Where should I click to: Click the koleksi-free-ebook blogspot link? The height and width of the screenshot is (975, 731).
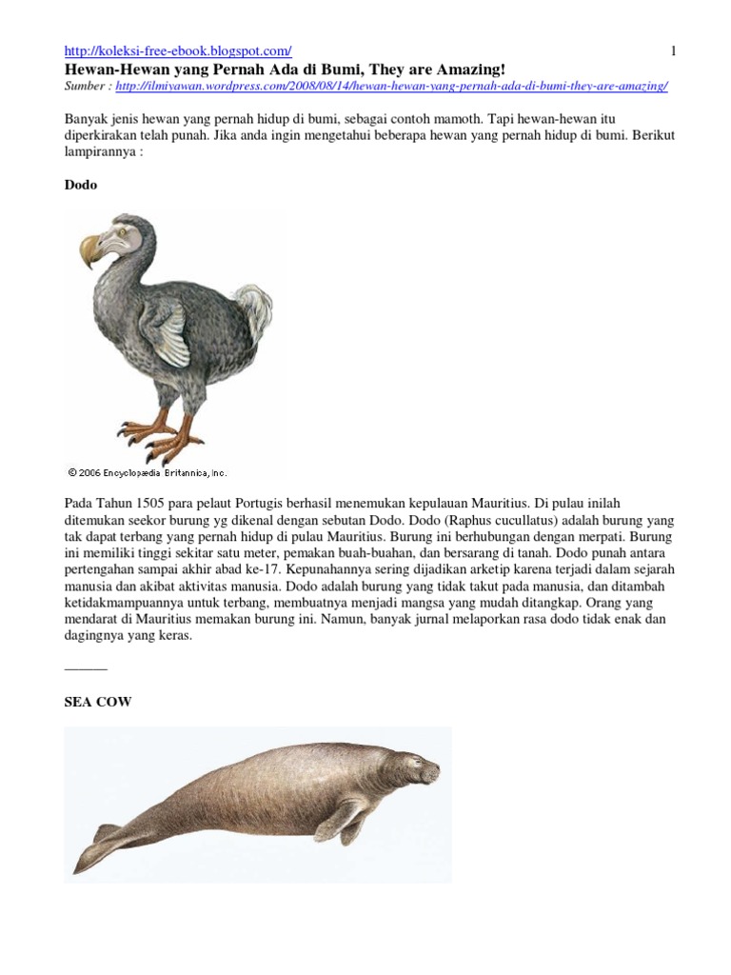(x=178, y=50)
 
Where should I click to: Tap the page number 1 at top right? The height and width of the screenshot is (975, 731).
(x=673, y=50)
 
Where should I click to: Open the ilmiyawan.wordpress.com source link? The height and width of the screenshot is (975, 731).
(x=391, y=86)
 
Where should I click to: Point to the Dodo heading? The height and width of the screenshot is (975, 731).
(x=81, y=186)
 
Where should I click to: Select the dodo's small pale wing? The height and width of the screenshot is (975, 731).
(x=169, y=333)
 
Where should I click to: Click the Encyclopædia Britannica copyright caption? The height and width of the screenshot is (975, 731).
(x=148, y=471)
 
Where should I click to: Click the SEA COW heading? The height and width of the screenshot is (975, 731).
(x=97, y=702)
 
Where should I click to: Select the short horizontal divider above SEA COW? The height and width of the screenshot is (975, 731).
(x=86, y=669)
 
